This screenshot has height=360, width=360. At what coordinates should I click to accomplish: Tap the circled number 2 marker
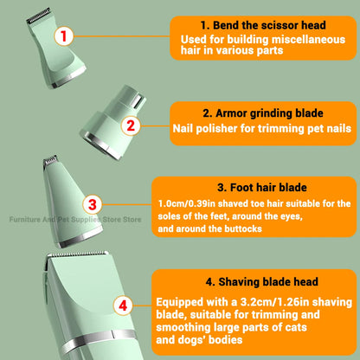pos(130,125)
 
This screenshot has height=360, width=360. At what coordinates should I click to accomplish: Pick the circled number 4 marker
pos(125,305)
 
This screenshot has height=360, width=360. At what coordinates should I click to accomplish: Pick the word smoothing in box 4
pos(187,329)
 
